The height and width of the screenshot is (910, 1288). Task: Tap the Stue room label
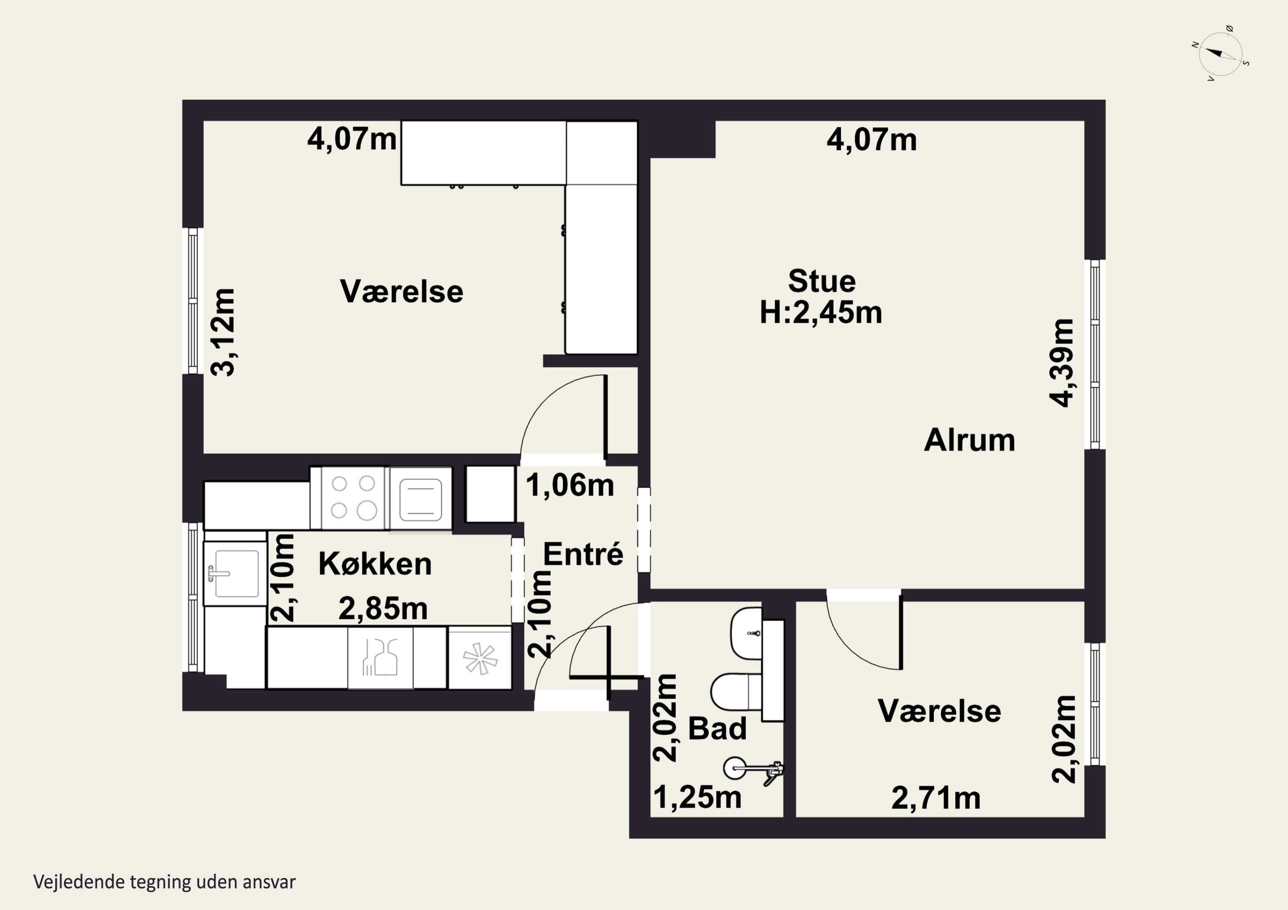pos(822,281)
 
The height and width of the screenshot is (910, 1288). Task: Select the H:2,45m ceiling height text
pos(821,313)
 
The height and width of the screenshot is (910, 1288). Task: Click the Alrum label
pos(969,440)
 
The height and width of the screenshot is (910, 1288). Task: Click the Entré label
pos(583,554)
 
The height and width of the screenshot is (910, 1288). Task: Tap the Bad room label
pos(717,729)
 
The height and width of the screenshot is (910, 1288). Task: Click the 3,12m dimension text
pos(223,332)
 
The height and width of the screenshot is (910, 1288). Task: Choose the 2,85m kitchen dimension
pos(383,608)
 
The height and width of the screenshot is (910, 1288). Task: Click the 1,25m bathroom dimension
pos(698,797)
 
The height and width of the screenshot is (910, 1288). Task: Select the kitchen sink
pos(234,573)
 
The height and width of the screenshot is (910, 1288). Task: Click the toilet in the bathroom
pos(736,692)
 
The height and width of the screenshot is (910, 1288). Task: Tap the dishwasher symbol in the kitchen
pos(479,658)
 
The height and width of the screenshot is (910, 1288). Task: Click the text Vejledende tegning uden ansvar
pos(164,882)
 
